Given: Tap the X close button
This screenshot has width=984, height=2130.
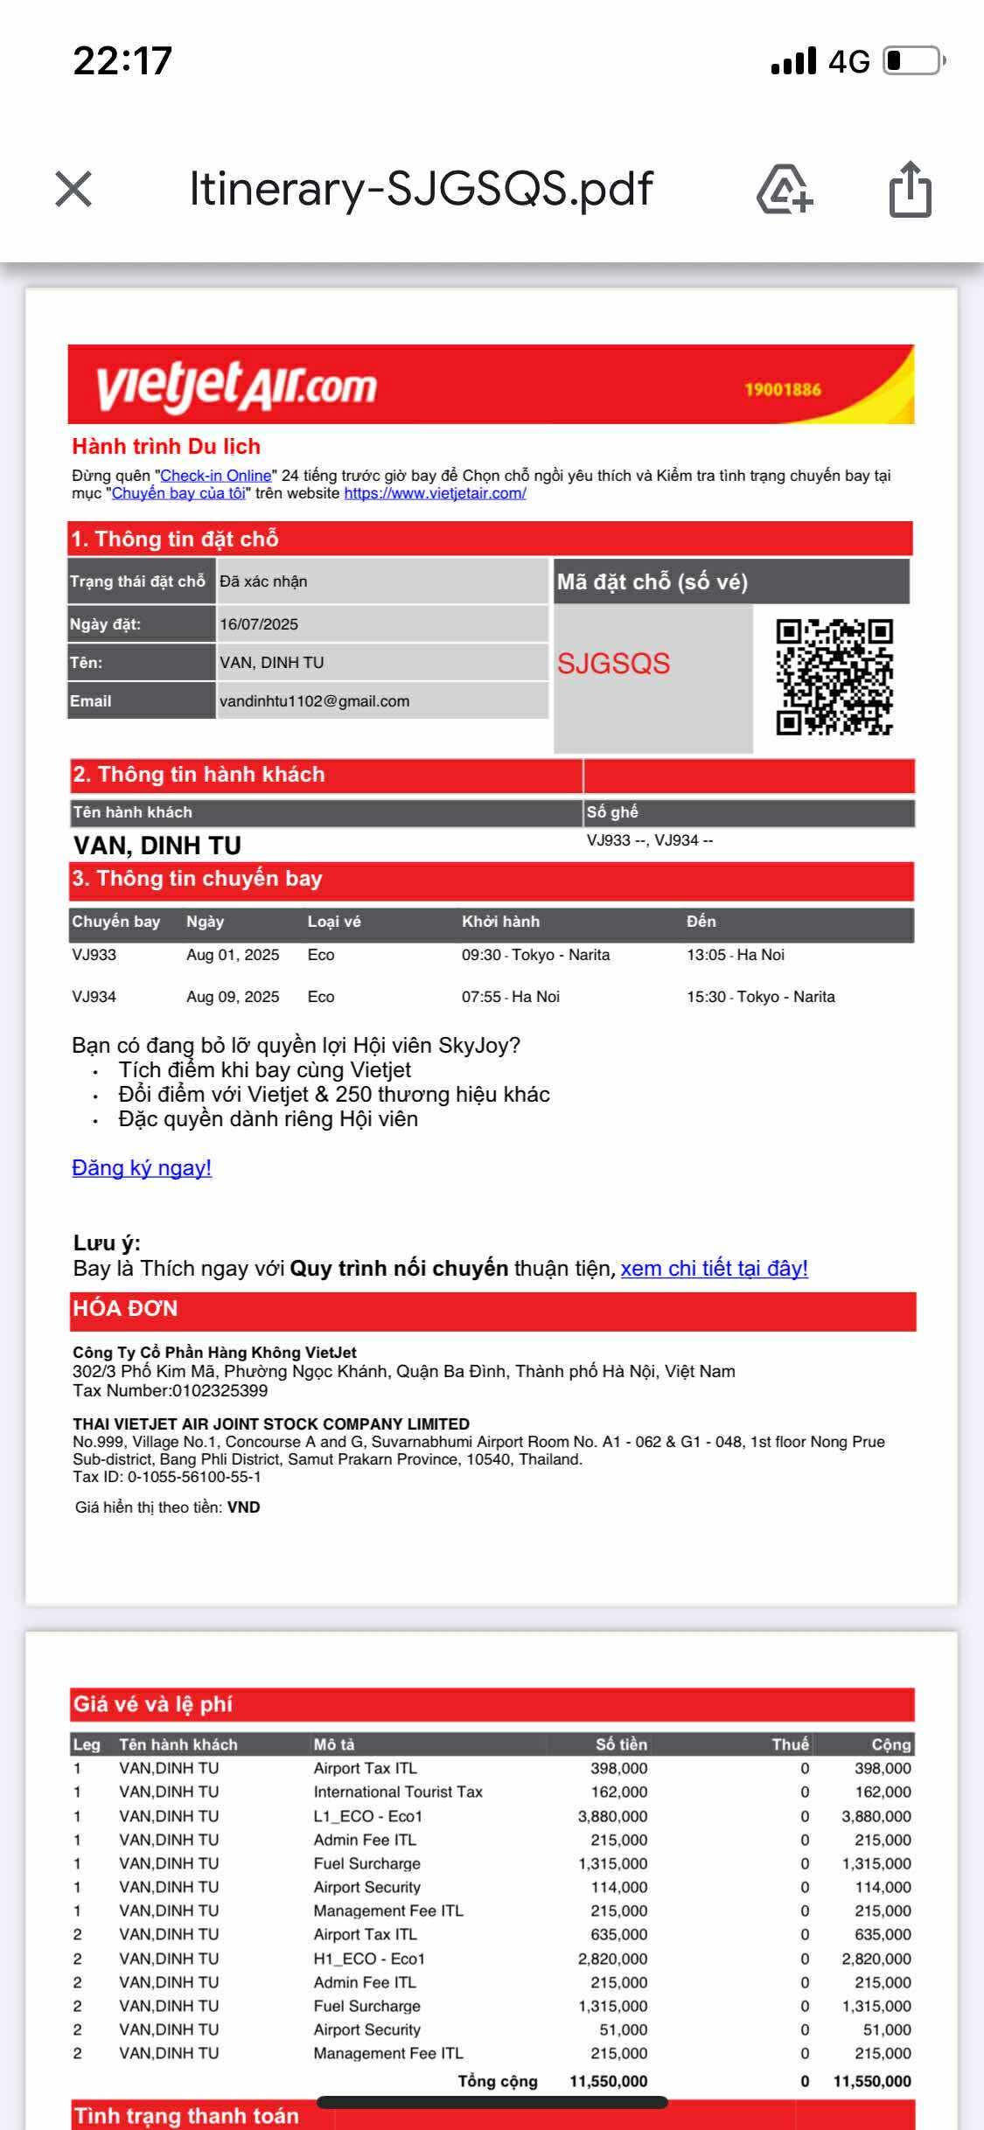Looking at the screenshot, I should pos(73,189).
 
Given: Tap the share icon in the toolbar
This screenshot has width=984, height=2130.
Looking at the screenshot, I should pos(910,189).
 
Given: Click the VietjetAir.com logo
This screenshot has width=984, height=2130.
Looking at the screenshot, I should pos(236,386).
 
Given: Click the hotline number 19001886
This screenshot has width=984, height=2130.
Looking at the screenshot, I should pos(782,390).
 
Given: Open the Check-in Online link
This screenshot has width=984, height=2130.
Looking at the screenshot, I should pos(216,476).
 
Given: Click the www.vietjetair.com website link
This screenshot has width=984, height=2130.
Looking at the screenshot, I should pos(435,493).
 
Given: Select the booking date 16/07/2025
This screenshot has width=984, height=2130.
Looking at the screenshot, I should pos(259,624).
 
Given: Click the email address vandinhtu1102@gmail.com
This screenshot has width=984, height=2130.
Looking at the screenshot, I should pos(314,701).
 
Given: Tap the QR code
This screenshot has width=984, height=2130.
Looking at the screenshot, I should pos(834,677).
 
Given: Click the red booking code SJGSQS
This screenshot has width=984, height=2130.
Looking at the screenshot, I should pos(613,664).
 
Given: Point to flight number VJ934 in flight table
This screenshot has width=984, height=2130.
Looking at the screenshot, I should pos(94,997).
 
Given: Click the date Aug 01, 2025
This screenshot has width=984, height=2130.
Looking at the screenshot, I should pos(233,955).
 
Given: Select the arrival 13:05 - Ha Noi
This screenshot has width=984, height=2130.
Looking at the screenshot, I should pos(735,955).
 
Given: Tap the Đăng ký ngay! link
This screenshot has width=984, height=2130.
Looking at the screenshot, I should pos(142,1168).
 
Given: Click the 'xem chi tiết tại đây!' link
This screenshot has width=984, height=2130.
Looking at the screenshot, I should pos(714,1269).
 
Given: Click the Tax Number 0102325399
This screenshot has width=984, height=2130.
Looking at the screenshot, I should pos(220,1390).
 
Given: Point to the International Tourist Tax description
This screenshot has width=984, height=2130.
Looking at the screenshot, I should pos(398,1792).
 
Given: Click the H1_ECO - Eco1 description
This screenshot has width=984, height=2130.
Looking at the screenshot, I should pos(369,1959).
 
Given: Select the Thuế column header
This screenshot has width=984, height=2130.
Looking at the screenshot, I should pos(790,1744).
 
